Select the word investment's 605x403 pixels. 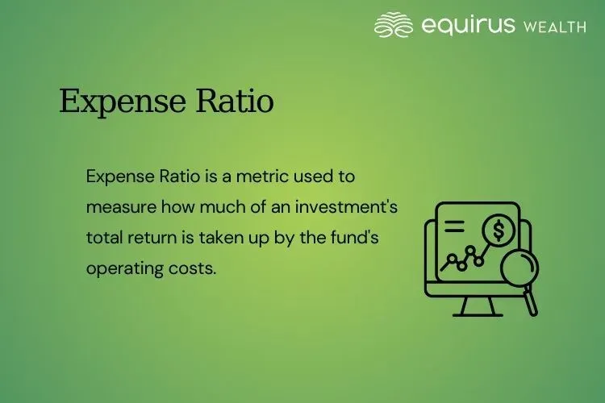(x=348, y=206)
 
